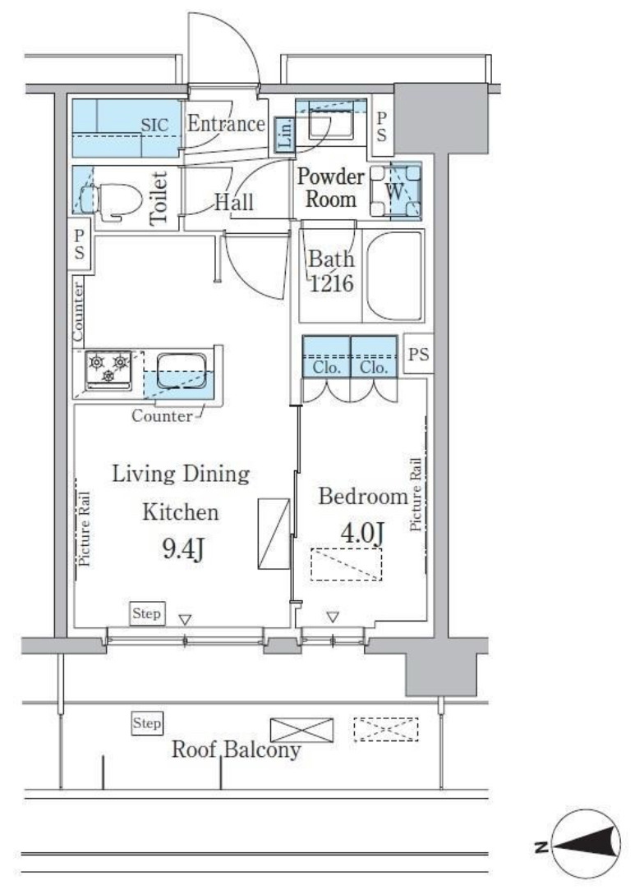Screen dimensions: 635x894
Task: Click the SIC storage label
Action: (154, 125)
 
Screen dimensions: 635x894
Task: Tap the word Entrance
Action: (226, 123)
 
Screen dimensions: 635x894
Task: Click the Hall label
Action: (234, 202)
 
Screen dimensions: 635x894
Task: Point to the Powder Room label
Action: (331, 187)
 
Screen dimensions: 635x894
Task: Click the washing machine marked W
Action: (395, 191)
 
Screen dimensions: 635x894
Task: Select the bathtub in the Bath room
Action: (393, 276)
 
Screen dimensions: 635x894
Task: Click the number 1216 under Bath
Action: (332, 282)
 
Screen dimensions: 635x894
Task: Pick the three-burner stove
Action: (108, 370)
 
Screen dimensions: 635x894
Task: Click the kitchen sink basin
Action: (182, 370)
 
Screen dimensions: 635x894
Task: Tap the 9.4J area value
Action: (183, 549)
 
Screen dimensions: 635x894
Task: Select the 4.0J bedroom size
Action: (361, 533)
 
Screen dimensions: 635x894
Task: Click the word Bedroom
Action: (363, 496)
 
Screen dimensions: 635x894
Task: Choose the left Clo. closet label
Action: (326, 368)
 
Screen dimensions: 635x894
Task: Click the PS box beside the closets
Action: (418, 354)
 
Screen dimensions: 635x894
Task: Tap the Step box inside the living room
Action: (146, 613)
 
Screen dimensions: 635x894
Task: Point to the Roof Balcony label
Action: (237, 750)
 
